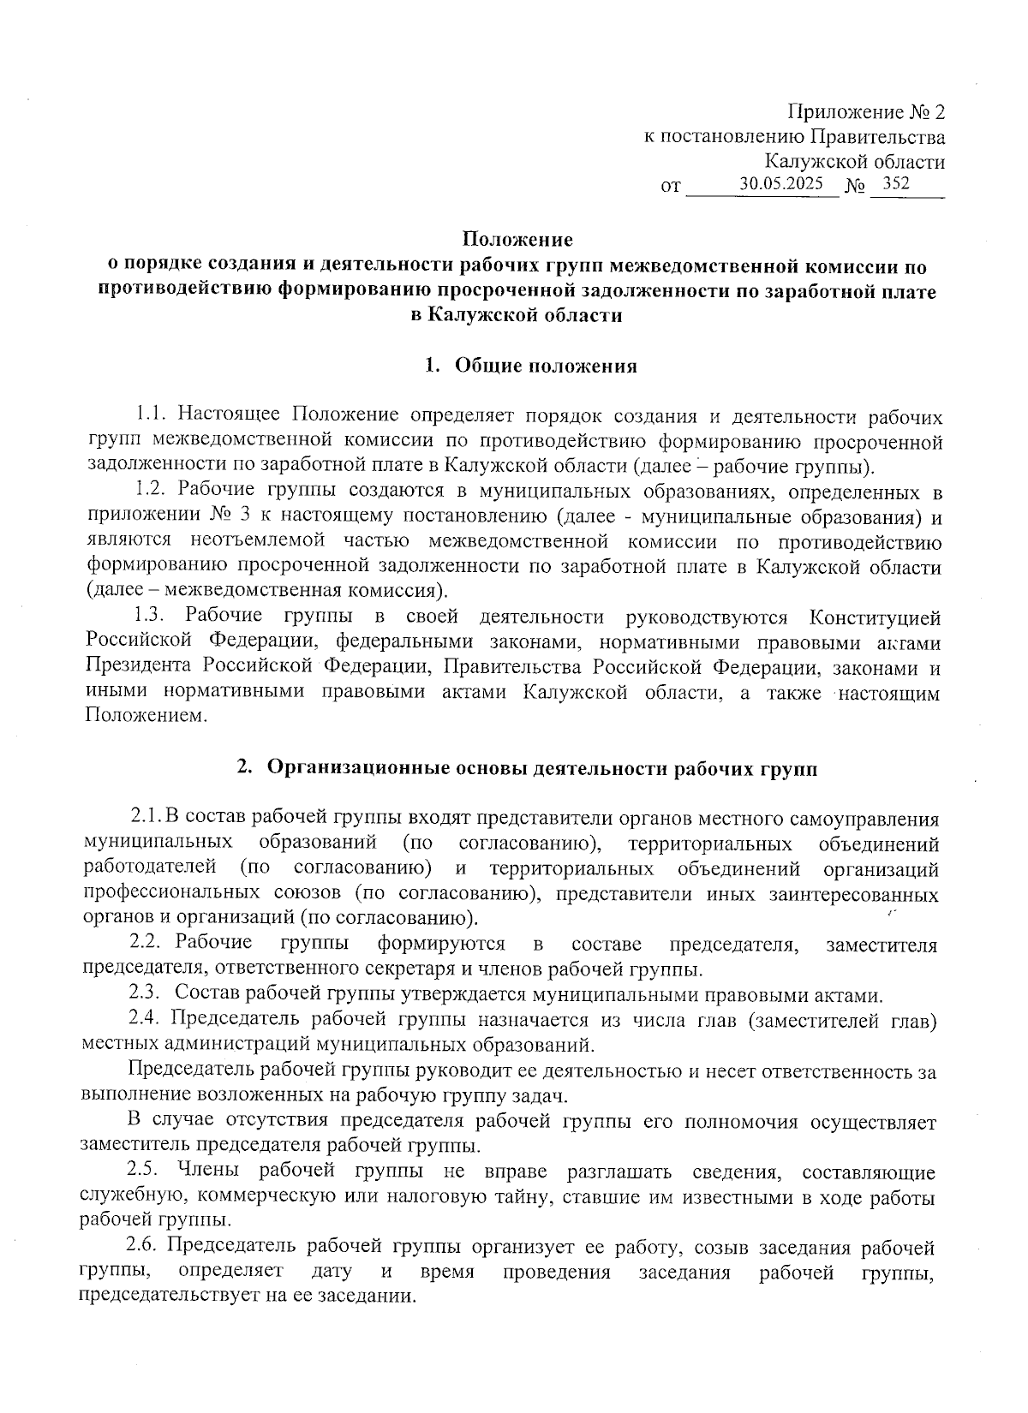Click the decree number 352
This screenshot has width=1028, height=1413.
click(896, 184)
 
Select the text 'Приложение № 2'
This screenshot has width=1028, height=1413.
click(866, 112)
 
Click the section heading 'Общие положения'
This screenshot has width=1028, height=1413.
click(546, 367)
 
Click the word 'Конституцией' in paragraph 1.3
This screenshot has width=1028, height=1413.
click(875, 617)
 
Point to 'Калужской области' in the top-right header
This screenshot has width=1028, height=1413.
click(854, 162)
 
